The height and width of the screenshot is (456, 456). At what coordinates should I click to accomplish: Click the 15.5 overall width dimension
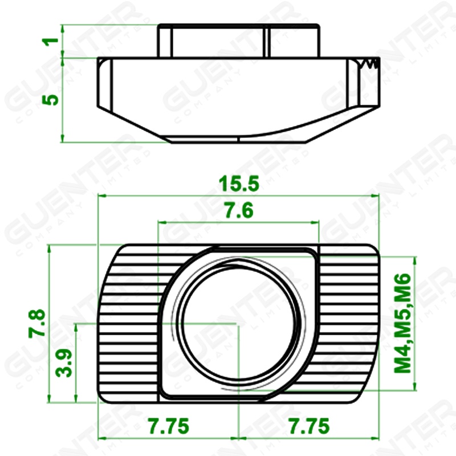pos(239,184)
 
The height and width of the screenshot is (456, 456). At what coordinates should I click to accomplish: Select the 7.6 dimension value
pos(239,210)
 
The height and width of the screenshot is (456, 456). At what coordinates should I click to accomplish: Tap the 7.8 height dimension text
pos(37,323)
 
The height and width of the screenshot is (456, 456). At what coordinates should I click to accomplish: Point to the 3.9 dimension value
pos(64,363)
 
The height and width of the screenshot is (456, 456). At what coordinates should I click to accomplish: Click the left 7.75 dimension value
pos(169,426)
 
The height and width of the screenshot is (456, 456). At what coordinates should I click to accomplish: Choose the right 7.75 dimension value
pos(309,426)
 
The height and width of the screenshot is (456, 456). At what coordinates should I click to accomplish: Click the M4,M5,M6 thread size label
pos(403,323)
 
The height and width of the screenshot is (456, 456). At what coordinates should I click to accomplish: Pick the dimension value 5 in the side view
pos(51,100)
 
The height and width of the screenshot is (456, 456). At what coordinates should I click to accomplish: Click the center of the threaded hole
pos(239,323)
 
